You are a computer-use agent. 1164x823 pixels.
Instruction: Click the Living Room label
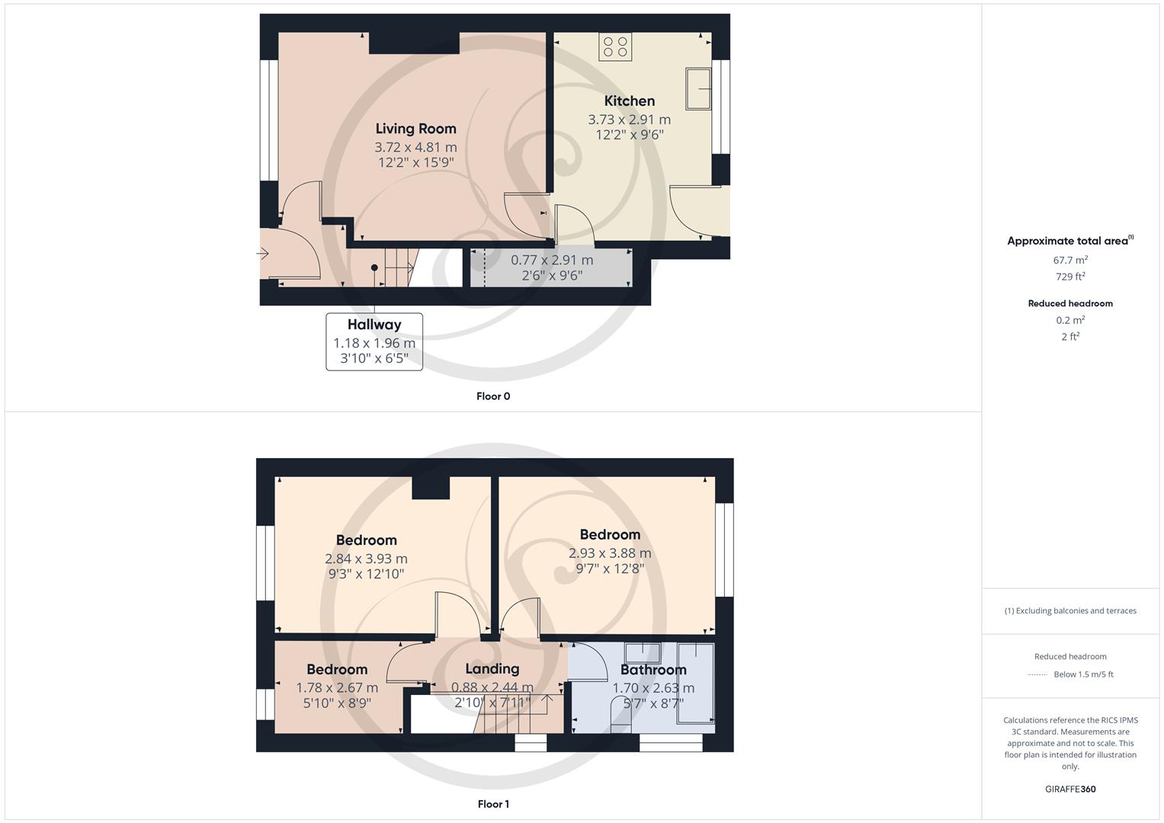(415, 129)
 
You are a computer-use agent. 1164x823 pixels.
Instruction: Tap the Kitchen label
(629, 101)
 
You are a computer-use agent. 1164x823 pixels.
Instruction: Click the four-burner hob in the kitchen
(614, 47)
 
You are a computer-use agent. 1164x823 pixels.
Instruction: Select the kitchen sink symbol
(698, 88)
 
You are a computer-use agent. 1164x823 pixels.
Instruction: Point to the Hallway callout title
(374, 325)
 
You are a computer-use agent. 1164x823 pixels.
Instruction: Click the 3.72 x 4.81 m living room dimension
(415, 147)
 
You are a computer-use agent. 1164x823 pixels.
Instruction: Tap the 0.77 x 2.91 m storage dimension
(551, 260)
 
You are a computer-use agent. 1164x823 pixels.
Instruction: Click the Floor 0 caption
(492, 396)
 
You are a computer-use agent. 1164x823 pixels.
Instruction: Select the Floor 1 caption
(492, 804)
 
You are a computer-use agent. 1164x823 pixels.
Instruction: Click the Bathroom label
(653, 670)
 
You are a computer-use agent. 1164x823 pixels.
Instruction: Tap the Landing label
(492, 669)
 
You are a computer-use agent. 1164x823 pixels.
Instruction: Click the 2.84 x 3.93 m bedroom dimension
(366, 559)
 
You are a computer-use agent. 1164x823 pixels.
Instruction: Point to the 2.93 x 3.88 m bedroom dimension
(609, 553)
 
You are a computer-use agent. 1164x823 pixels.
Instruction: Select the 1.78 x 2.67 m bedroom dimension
(337, 687)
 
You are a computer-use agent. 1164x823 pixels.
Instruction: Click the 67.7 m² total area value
(1070, 260)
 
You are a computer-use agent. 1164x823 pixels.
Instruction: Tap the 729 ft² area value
(1070, 277)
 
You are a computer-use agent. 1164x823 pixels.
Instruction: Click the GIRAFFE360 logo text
(1070, 789)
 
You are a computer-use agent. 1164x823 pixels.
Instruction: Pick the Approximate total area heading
(1067, 241)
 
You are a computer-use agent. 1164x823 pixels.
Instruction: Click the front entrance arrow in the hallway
(263, 254)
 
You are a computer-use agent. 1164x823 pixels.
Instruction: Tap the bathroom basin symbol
(643, 653)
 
